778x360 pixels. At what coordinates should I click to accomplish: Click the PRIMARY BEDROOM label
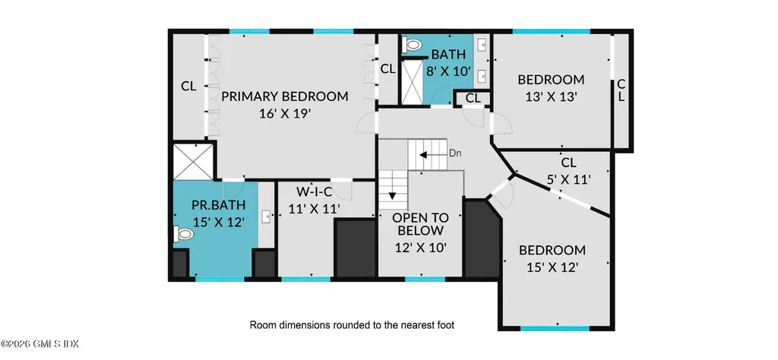coord(284,96)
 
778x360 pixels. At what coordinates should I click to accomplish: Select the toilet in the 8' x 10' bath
coord(413,46)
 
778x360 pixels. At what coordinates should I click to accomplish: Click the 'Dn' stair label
coord(455,153)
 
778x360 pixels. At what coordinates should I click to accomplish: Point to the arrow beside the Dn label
coord(432,154)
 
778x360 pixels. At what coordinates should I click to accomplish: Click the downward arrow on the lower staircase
coord(393,196)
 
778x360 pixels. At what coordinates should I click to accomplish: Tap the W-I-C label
coord(313,191)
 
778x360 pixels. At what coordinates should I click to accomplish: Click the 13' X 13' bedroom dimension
coord(551,96)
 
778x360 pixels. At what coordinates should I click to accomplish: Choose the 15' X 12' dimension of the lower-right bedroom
coord(552,267)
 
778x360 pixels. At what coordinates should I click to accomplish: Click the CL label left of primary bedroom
coord(188,87)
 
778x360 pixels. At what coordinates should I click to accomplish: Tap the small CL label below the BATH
coord(473,98)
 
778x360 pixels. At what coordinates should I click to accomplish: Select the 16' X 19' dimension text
coord(284,113)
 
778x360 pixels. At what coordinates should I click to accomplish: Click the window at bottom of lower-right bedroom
coord(555,328)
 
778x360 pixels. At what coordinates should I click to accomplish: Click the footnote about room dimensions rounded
coord(353,325)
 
